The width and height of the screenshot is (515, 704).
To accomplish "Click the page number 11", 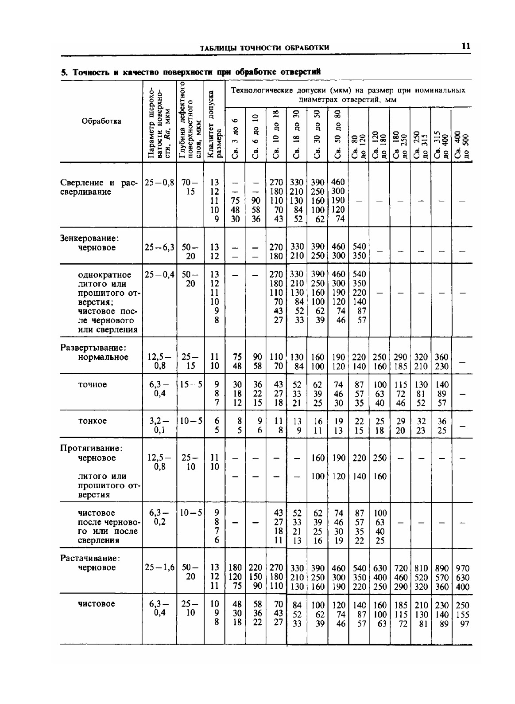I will point(465,46).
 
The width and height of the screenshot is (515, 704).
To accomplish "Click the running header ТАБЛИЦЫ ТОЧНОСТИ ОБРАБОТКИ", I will point(264,48).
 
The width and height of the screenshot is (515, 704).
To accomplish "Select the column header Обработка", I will point(101,121).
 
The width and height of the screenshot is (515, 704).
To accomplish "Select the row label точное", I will point(92,384).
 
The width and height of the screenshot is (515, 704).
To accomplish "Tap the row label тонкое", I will point(92,421).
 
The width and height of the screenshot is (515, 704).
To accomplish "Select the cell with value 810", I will point(421,568).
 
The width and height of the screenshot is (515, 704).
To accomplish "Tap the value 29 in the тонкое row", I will point(400,421).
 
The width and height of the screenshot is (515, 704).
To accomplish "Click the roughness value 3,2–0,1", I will point(159,425).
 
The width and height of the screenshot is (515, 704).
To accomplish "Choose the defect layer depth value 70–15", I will point(190,187).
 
